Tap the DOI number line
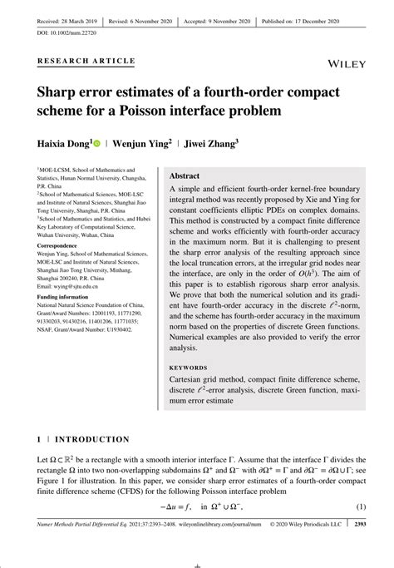point(66,32)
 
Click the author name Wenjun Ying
point(138,144)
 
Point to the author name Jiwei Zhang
point(208,144)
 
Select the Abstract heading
point(185,177)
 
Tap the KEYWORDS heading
point(190,367)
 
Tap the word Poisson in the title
point(196,111)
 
